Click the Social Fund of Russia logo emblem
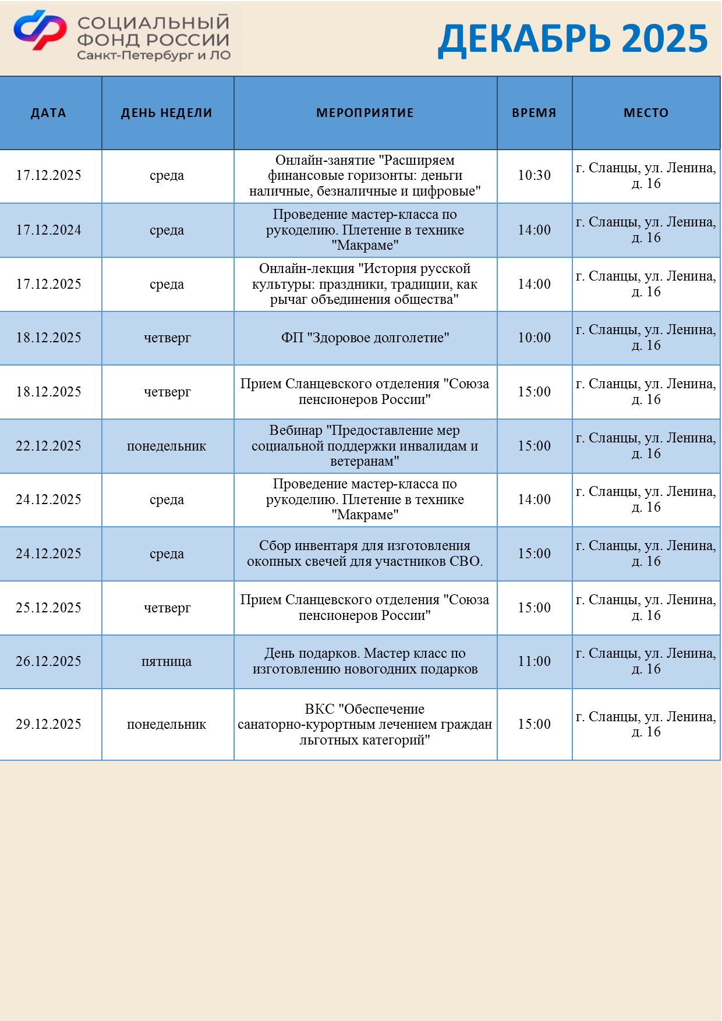pyautogui.click(x=40, y=30)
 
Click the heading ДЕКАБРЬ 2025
pyautogui.click(x=572, y=39)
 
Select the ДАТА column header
pyautogui.click(x=48, y=113)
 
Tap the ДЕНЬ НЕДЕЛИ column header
pyautogui.click(x=167, y=113)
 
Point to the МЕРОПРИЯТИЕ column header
pyautogui.click(x=365, y=113)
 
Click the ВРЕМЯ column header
pyautogui.click(x=534, y=113)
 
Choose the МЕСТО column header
pyautogui.click(x=646, y=113)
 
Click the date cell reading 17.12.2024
pyautogui.click(x=48, y=230)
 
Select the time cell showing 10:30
pyautogui.click(x=534, y=175)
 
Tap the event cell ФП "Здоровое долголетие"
pyautogui.click(x=365, y=338)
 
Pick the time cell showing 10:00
pyautogui.click(x=534, y=338)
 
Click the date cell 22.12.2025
pyautogui.click(x=48, y=446)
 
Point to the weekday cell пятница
pyautogui.click(x=167, y=661)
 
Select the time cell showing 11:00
pyautogui.click(x=534, y=661)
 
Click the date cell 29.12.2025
pyautogui.click(x=48, y=724)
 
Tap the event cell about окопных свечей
pyautogui.click(x=365, y=554)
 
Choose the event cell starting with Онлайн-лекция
pyautogui.click(x=365, y=284)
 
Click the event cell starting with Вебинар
pyautogui.click(x=365, y=446)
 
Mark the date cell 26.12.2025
pyautogui.click(x=48, y=661)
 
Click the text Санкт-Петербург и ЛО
pyautogui.click(x=154, y=56)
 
